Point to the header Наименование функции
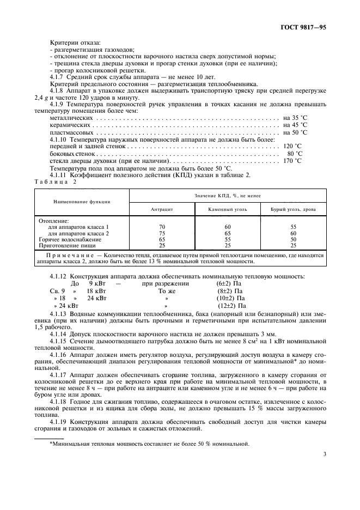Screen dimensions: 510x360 click(x=82, y=202)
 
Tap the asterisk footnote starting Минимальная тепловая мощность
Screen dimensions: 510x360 click(x=150, y=444)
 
